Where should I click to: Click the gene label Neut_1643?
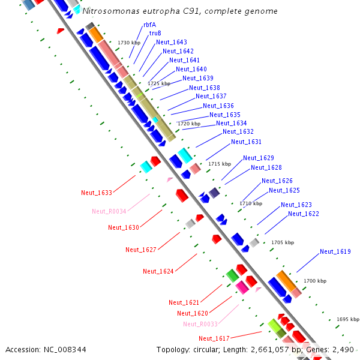[172, 42]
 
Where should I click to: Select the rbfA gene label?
[149, 25]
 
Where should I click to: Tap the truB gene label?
[155, 33]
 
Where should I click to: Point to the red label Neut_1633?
[97, 193]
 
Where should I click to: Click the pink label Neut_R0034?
[109, 211]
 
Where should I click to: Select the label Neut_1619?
[335, 251]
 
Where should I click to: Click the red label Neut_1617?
[214, 338]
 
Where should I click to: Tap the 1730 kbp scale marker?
[129, 43]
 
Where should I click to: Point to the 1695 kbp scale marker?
[347, 319]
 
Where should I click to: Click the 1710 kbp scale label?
[251, 203]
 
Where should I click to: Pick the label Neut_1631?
[247, 142]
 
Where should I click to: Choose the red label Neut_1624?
[158, 271]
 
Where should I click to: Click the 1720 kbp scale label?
[189, 124]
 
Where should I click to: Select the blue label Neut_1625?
[284, 190]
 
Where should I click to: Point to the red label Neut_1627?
[141, 250]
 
